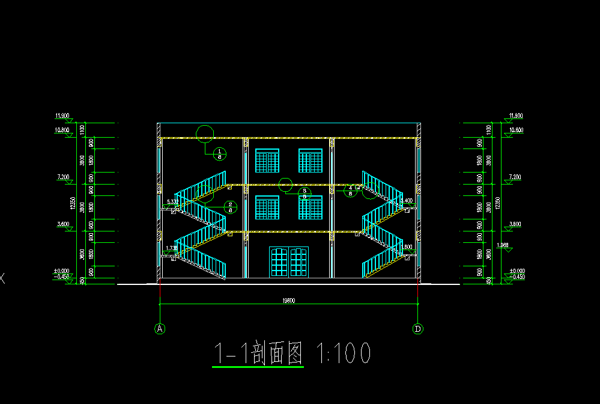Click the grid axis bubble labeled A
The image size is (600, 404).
tap(160, 328)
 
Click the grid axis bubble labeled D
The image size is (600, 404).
tap(417, 328)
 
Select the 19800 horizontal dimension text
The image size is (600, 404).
tap(289, 301)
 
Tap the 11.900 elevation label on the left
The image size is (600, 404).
tap(62, 115)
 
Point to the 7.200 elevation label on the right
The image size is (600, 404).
tap(515, 177)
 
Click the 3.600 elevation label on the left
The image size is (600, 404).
tap(62, 224)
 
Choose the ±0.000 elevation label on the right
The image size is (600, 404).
tap(517, 271)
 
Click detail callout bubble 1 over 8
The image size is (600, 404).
tap(220, 153)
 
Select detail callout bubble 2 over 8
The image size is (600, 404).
tap(231, 207)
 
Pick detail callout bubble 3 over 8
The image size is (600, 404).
tap(305, 193)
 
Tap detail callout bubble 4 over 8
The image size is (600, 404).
tap(350, 191)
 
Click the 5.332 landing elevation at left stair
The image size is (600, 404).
tap(172, 201)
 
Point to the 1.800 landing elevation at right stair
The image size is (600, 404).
tap(407, 247)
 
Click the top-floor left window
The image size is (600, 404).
tap(267, 161)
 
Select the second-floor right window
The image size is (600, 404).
tap(311, 207)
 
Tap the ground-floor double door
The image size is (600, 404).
tap(289, 262)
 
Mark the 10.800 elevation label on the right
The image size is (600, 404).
tap(516, 130)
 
